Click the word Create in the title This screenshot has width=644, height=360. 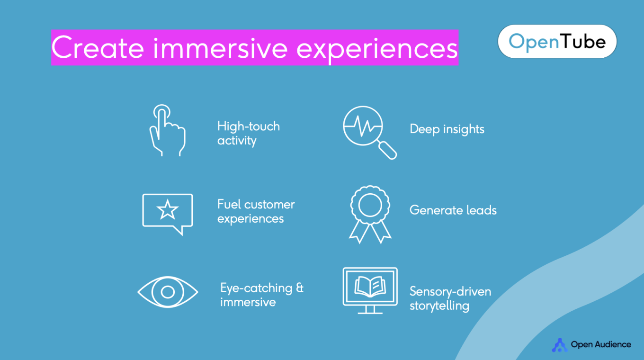click(x=98, y=48)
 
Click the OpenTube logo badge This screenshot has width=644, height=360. click(x=557, y=41)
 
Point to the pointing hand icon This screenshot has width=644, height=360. click(x=167, y=130)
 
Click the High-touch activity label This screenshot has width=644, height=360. click(x=249, y=134)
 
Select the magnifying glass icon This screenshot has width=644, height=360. click(x=370, y=132)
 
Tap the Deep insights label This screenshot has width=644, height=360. click(x=447, y=129)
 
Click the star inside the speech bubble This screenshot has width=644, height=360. click(x=167, y=210)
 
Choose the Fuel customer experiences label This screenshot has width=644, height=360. click(x=256, y=211)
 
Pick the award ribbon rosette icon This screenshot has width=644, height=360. click(x=370, y=215)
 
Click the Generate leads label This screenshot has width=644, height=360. click(x=453, y=210)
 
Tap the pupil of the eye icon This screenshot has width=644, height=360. click(x=168, y=292)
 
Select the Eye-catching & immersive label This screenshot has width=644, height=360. click(x=262, y=295)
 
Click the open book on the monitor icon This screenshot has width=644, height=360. click(x=370, y=287)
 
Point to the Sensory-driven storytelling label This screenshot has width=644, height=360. click(x=450, y=298)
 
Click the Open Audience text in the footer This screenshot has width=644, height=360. click(x=601, y=344)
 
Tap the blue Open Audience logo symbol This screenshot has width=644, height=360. click(x=560, y=345)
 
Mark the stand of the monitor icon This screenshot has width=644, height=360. click(x=370, y=309)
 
